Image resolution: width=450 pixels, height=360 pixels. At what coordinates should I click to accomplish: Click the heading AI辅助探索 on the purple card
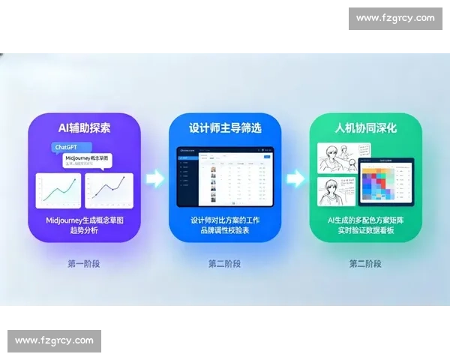(84, 127)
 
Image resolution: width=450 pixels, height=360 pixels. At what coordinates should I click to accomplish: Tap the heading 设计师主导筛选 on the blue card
(225, 127)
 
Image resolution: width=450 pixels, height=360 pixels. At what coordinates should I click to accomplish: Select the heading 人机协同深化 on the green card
(365, 127)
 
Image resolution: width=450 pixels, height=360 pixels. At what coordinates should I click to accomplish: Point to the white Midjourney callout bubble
(88, 162)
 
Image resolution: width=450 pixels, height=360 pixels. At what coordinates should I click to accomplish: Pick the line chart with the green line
(58, 190)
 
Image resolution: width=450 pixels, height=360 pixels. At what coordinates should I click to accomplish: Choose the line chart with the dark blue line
(109, 190)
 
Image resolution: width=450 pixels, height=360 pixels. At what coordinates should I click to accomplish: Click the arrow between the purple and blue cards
(154, 178)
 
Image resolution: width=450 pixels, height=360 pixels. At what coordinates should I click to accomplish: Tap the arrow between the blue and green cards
(295, 178)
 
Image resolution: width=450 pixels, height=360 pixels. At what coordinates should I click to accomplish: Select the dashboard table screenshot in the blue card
(224, 176)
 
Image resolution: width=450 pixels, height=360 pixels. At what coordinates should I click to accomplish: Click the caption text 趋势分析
(84, 229)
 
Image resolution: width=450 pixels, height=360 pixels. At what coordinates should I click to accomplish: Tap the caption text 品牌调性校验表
(225, 230)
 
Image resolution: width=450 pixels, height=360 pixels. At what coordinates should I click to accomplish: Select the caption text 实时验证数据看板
(365, 230)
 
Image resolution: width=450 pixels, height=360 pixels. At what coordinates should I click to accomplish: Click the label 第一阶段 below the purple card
(84, 264)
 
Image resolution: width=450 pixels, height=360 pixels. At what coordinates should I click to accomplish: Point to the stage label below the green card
(365, 264)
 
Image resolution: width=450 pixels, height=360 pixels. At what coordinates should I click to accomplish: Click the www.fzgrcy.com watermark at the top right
(395, 18)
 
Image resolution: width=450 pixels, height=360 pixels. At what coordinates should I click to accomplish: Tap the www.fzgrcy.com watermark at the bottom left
(54, 340)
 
